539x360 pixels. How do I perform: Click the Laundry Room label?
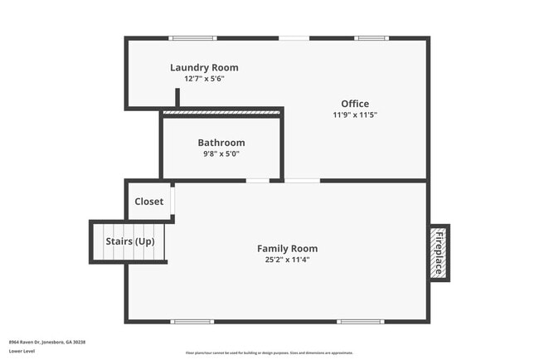pyautogui.click(x=204, y=68)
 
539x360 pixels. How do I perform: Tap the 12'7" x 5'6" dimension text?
pyautogui.click(x=204, y=80)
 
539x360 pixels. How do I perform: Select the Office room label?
pyautogui.click(x=355, y=104)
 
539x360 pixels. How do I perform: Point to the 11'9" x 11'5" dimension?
pyautogui.click(x=355, y=116)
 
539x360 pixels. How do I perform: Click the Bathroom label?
pyautogui.click(x=221, y=143)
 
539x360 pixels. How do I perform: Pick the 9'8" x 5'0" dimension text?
pyautogui.click(x=221, y=154)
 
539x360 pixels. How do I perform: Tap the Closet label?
pyautogui.click(x=149, y=202)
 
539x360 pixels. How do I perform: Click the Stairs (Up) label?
pyautogui.click(x=130, y=241)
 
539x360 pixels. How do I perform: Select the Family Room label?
pyautogui.click(x=287, y=248)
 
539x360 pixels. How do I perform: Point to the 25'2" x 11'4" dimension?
pyautogui.click(x=287, y=260)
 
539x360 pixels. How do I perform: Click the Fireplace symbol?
pyautogui.click(x=439, y=253)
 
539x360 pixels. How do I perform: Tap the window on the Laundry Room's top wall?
pyautogui.click(x=193, y=38)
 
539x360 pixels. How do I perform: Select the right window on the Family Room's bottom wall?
pyautogui.click(x=360, y=321)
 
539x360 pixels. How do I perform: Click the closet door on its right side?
pyautogui.click(x=172, y=202)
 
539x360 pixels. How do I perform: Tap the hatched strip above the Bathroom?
pyautogui.click(x=222, y=112)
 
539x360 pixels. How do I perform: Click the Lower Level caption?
pyautogui.click(x=22, y=351)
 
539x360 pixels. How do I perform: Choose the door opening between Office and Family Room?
pyautogui.click(x=302, y=180)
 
